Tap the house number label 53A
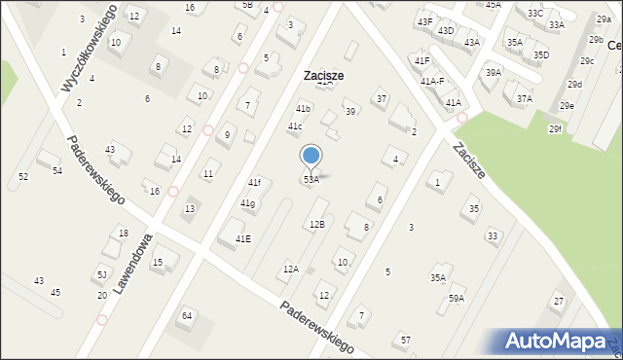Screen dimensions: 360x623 coord(311,180)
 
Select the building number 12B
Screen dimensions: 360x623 coord(317,225)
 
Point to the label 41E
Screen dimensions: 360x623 coord(242,238)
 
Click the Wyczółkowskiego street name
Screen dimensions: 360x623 coord(89,48)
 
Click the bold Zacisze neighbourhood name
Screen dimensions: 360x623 coord(323,75)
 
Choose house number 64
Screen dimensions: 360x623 coord(187,316)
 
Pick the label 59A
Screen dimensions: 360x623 coord(457,299)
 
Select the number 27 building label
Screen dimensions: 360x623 coord(558,302)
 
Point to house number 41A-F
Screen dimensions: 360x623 coord(432,82)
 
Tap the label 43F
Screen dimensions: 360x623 coord(424,21)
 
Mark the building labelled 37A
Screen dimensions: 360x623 coord(525,98)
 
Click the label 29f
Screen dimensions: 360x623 coord(555,128)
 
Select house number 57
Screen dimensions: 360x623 coord(406,340)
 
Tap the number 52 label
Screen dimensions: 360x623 coord(23,176)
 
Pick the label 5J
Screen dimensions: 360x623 coord(102,275)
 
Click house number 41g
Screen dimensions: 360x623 coord(248,203)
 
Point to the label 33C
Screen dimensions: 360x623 coord(535,13)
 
